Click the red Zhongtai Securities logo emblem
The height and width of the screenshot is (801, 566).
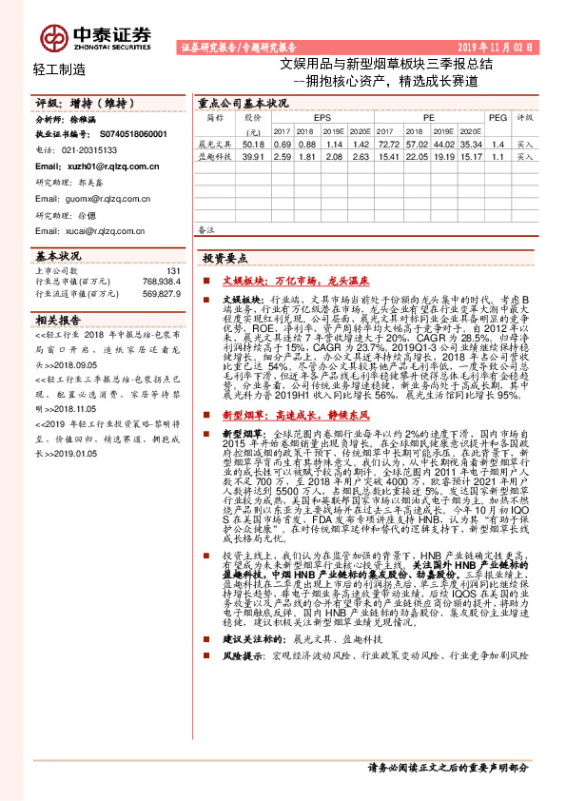click(55, 37)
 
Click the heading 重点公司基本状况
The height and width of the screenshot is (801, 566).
click(242, 103)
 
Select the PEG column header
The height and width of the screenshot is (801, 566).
click(498, 117)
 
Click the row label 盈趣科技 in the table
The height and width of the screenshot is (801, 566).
click(215, 155)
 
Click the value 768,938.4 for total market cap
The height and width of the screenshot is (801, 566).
click(160, 283)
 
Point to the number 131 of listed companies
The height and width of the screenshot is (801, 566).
click(172, 271)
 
